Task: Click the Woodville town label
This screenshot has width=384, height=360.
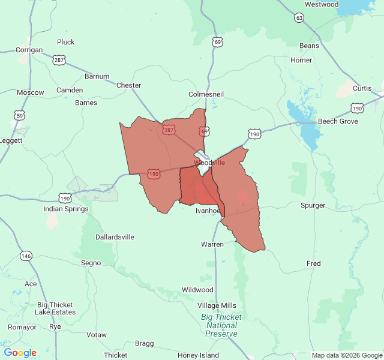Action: click(x=209, y=163)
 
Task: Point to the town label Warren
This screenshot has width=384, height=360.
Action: click(x=212, y=244)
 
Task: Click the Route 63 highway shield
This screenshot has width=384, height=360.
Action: click(x=299, y=18)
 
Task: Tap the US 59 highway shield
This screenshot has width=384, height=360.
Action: click(x=19, y=115)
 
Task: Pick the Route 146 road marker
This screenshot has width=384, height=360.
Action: click(x=26, y=256)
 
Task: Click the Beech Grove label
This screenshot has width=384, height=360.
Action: click(x=338, y=121)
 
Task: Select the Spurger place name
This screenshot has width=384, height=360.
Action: click(x=313, y=205)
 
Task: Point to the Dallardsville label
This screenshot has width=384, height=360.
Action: click(x=115, y=237)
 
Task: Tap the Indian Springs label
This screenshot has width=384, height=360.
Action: click(x=65, y=209)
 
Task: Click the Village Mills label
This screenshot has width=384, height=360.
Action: click(x=217, y=305)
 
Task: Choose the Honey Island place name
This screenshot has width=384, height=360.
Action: click(x=198, y=355)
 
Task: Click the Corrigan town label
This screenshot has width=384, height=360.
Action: click(x=29, y=50)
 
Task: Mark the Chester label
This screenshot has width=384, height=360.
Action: click(x=128, y=85)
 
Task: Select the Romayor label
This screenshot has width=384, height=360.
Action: click(x=22, y=327)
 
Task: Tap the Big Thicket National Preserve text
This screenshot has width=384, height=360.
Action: click(x=221, y=325)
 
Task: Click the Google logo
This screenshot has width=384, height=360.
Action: click(x=20, y=353)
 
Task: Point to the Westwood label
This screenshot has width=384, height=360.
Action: click(x=322, y=4)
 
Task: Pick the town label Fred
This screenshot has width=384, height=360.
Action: click(x=314, y=263)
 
